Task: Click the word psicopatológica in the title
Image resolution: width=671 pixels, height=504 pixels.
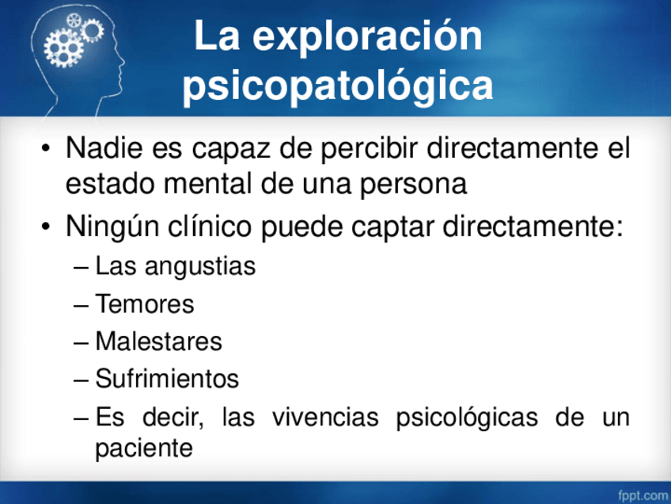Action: [338, 86]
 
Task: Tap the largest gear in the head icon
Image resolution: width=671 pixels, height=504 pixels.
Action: [63, 48]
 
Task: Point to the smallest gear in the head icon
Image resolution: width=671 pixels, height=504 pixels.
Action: [74, 20]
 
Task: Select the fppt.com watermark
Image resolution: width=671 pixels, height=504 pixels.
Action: [643, 496]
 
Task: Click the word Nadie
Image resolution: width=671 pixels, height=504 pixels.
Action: [104, 148]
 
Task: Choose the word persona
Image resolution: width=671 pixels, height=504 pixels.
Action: [413, 186]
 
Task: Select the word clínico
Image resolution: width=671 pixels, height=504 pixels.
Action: [209, 227]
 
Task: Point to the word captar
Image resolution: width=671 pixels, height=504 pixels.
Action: [392, 227]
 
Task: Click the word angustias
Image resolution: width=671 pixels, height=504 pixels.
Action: [200, 267]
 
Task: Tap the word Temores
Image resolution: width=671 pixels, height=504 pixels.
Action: [145, 304]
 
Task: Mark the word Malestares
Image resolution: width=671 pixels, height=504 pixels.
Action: [159, 342]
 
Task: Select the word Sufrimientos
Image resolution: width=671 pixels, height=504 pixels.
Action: [167, 379]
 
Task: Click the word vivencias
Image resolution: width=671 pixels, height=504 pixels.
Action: [325, 417]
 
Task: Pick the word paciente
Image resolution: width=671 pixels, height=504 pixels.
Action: [144, 449]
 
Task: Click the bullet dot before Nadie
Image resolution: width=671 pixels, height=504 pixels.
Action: [46, 149]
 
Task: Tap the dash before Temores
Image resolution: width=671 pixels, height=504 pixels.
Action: [81, 306]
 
